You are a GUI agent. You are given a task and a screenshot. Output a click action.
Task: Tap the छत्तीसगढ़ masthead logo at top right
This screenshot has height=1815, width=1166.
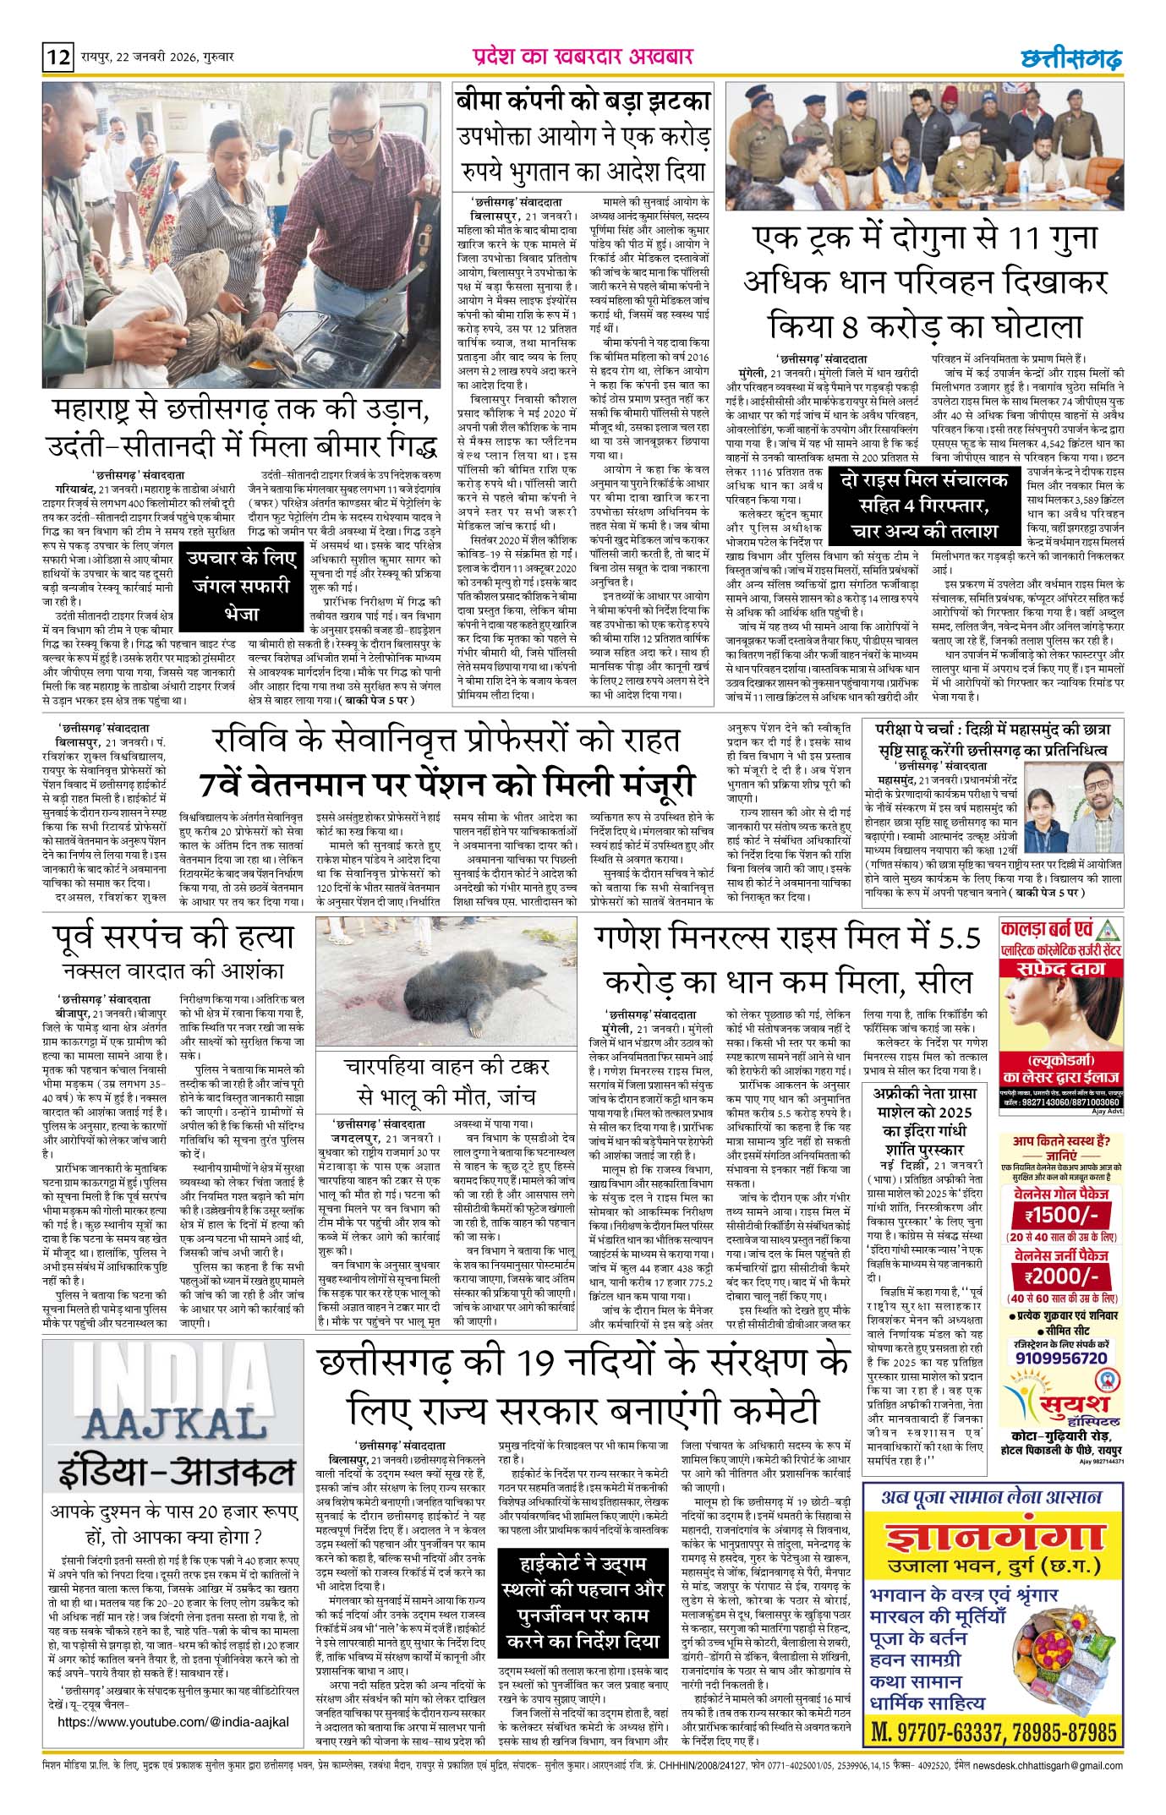click(1070, 58)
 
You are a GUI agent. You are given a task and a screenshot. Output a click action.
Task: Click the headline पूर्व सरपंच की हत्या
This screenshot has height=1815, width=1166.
click(172, 938)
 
